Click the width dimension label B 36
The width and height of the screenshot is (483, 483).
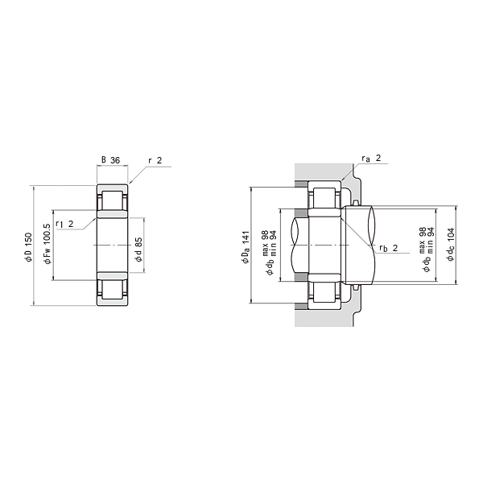pos(110,160)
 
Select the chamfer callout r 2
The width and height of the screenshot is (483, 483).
pos(155,160)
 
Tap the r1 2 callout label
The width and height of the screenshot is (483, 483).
pos(64,224)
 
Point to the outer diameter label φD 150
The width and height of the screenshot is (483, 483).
pos(28,247)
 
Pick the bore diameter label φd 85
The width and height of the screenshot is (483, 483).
pos(139,250)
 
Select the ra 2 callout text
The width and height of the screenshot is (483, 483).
pos(371,159)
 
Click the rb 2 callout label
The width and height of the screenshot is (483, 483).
pos(389,248)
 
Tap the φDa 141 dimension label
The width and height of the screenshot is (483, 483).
pos(246,247)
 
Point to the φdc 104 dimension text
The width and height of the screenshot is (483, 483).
pos(451,245)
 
